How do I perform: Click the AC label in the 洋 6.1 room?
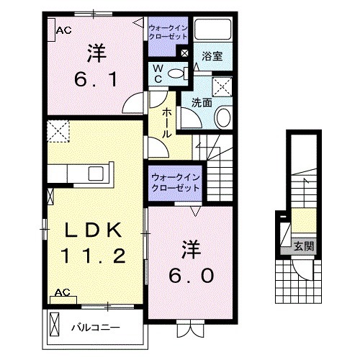point(63,30)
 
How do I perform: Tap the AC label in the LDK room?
point(62,293)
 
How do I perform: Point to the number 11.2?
point(94,256)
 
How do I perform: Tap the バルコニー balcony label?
point(95,328)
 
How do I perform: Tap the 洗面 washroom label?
point(202,102)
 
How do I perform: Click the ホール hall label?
point(166,122)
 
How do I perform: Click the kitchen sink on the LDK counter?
point(95,174)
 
